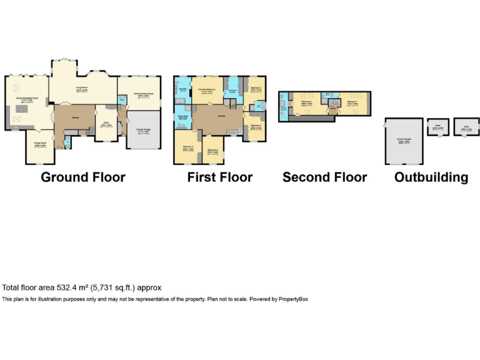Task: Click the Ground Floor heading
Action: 83,177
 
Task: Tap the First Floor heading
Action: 220,177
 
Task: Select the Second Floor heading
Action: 324,177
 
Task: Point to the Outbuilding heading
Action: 431,177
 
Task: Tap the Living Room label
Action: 81,88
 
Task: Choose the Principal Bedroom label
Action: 207,90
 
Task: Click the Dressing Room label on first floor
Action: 232,92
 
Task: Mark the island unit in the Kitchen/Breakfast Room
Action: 20,111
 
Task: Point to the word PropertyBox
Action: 292,299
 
